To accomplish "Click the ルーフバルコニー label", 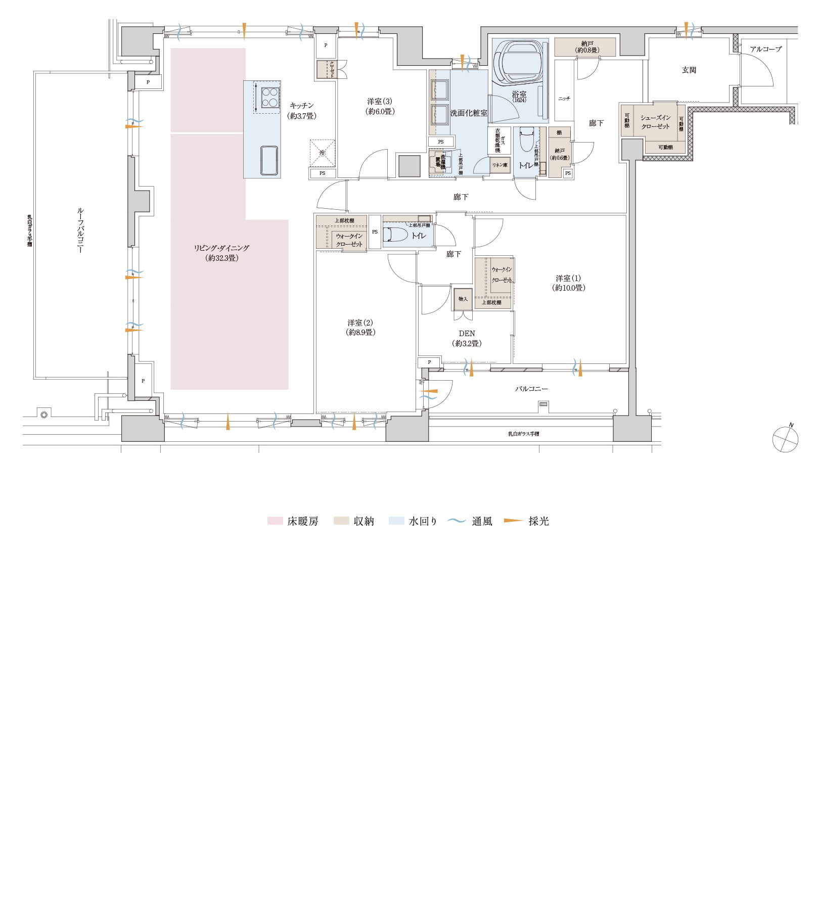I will point(80,230).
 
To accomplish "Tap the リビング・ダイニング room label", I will point(221,253).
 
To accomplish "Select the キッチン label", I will point(302,110).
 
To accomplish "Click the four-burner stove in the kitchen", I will point(270,98).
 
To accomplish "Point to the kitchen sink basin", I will point(268,160).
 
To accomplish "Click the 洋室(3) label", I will point(380,106).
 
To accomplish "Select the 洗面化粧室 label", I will point(469,113).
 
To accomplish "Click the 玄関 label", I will point(689,70).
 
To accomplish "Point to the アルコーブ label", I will point(765,49).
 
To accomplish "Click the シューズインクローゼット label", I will point(655,122).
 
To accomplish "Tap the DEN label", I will point(467,338).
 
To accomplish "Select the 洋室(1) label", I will point(568,283).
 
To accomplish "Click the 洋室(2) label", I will point(360,327).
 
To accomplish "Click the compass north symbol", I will point(785,438).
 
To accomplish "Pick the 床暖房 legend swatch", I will point(275,521).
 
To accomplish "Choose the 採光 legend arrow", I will point(513,521).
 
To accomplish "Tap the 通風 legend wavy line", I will point(457,521).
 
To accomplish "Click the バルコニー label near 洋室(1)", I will point(531,389).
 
